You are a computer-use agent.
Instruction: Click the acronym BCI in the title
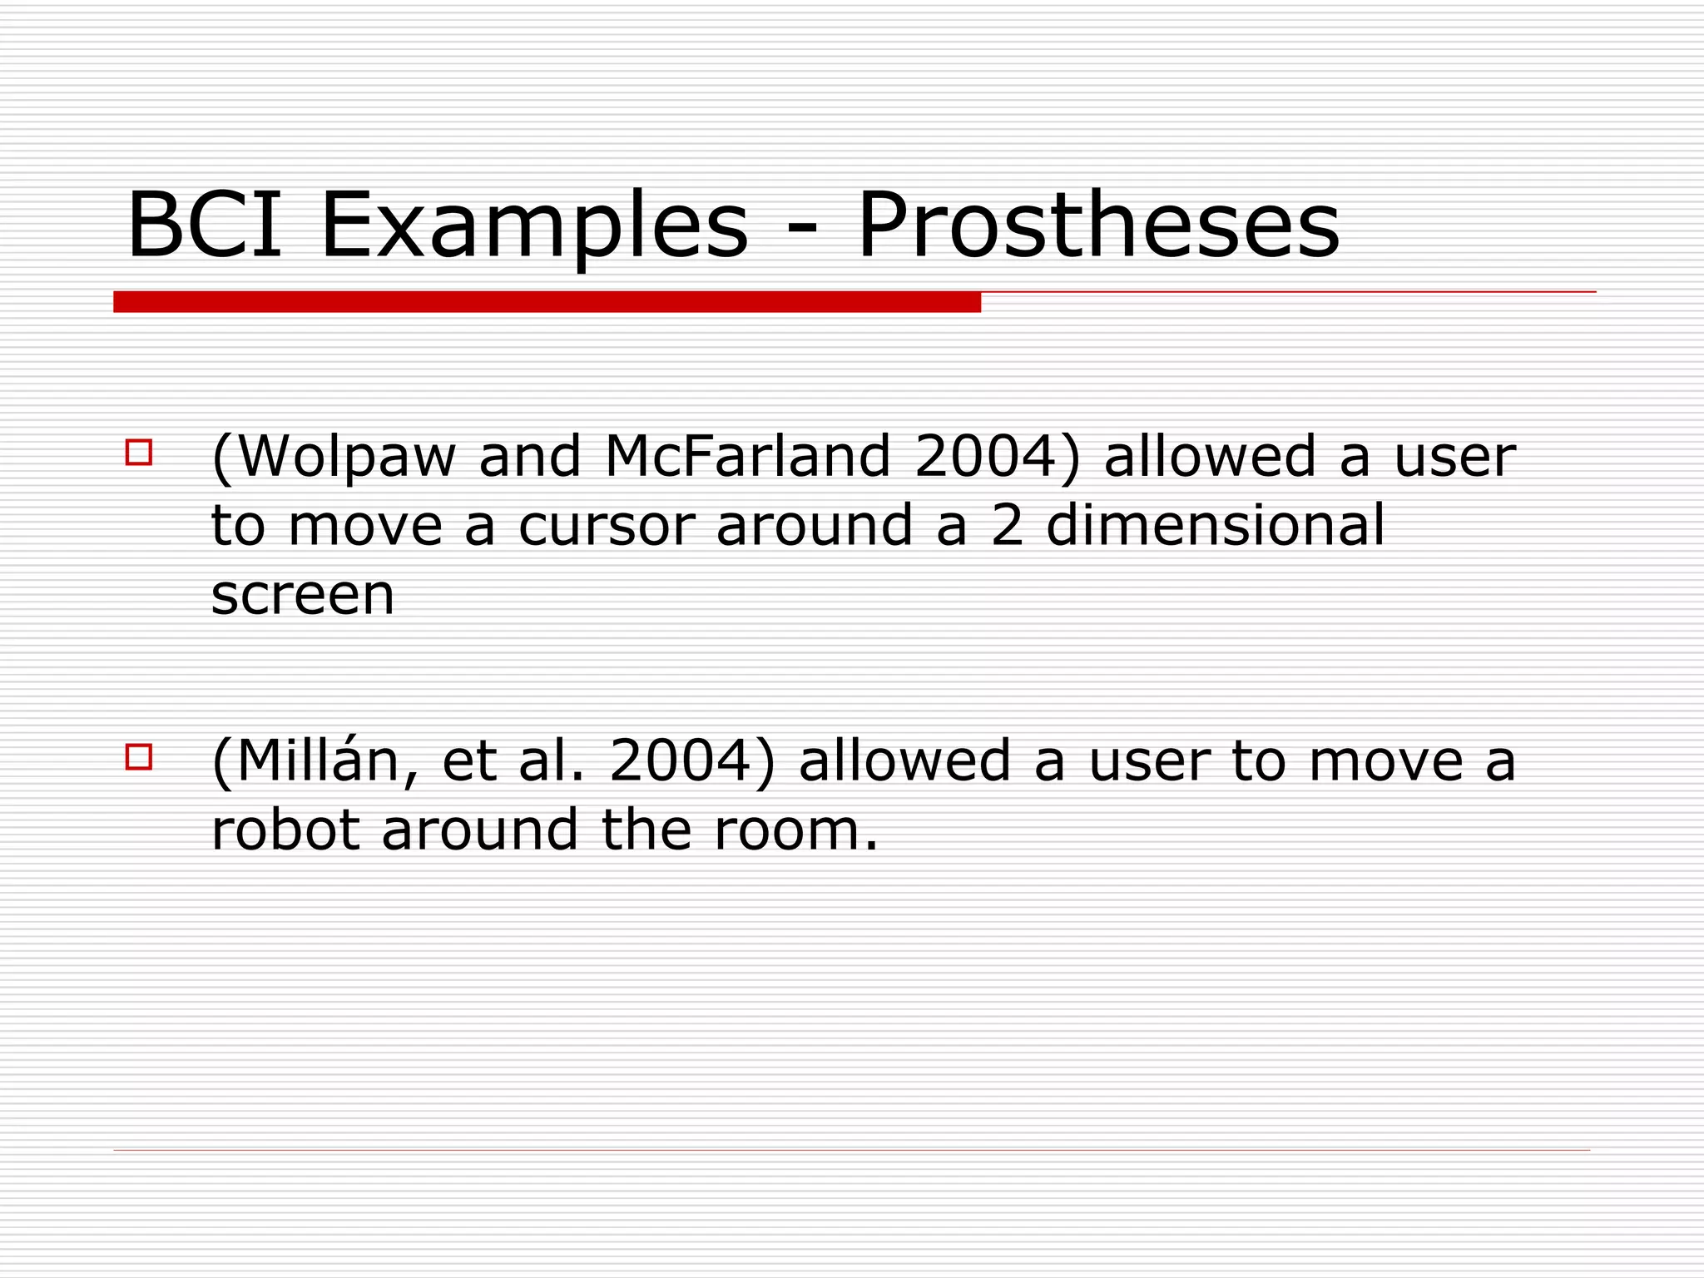(205, 225)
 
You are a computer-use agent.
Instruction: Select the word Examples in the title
(533, 227)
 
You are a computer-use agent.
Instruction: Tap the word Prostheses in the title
(1097, 227)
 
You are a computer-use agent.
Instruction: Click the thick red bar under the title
(547, 302)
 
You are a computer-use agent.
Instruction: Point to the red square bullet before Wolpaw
(139, 452)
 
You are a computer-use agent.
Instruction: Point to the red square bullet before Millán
(139, 756)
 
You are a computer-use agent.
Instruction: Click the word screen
(303, 595)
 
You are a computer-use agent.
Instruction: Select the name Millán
(320, 760)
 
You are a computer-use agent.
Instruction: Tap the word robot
(286, 830)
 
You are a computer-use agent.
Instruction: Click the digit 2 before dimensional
(1008, 526)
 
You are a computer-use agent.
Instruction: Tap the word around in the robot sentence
(479, 830)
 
